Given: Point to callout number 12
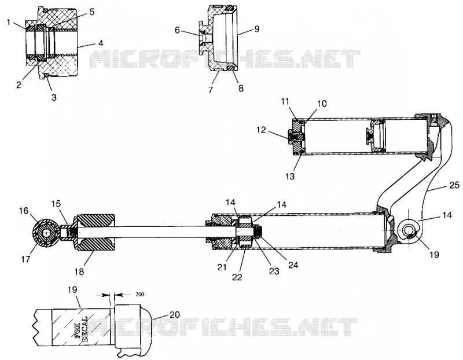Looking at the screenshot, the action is point(261,130).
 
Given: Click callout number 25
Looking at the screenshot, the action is point(454,185).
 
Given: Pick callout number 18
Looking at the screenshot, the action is point(79,271).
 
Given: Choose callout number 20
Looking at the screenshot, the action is point(175,315).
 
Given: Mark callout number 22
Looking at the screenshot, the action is point(237,277).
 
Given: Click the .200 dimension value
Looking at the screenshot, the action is point(139,295).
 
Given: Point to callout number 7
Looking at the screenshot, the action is point(211,90).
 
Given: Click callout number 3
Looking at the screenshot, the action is point(54,97).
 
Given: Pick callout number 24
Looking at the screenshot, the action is point(293,265).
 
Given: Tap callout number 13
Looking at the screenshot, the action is point(290,177).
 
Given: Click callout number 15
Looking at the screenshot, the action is point(56,204).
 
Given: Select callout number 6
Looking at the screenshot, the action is point(177,30).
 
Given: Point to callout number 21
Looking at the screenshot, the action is point(222,267).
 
